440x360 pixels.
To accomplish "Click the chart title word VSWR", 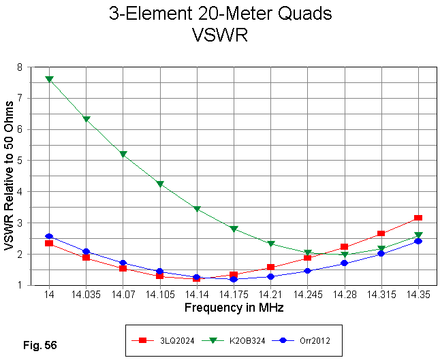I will pos(220,35).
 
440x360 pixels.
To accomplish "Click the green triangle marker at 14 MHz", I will pos(49,80).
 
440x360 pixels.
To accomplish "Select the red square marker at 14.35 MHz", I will pos(418,218).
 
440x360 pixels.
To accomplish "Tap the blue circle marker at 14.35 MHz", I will pos(418,241).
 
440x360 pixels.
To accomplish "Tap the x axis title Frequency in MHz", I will pos(234,308).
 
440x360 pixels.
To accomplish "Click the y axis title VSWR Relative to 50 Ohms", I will pos(11,176).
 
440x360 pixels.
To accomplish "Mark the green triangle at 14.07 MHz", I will pos(123,155).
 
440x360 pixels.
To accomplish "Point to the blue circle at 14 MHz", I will pos(49,236).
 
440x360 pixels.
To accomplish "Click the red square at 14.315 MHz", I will pos(381,233).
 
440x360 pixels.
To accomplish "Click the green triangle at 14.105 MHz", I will pos(159,184).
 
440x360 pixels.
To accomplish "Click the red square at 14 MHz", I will pos(49,243).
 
